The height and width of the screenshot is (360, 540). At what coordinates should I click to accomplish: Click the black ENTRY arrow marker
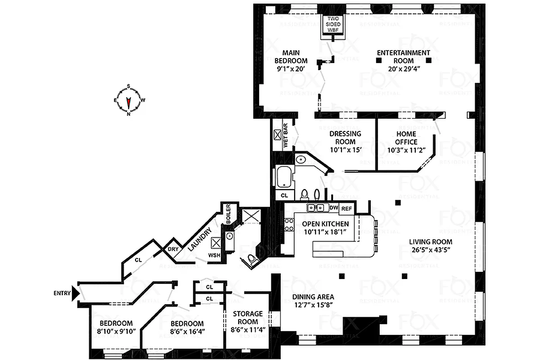pyautogui.click(x=76, y=294)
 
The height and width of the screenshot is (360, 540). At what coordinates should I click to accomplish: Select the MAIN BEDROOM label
pyautogui.click(x=291, y=57)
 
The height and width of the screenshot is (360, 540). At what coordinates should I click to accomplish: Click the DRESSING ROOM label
pyautogui.click(x=345, y=138)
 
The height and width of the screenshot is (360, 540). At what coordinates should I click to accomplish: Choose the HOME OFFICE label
pyautogui.click(x=406, y=138)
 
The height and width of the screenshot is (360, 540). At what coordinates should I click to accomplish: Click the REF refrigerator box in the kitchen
pyautogui.click(x=346, y=209)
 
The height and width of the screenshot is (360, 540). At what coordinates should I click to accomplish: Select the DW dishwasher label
pyautogui.click(x=333, y=208)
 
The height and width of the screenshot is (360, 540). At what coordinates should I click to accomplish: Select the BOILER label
pyautogui.click(x=228, y=213)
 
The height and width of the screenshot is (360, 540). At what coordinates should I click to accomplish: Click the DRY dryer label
pyautogui.click(x=172, y=249)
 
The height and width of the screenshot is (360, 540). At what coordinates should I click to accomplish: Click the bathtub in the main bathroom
pyautogui.click(x=284, y=178)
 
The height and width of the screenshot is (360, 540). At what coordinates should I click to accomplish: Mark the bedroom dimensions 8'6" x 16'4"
pyautogui.click(x=186, y=332)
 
